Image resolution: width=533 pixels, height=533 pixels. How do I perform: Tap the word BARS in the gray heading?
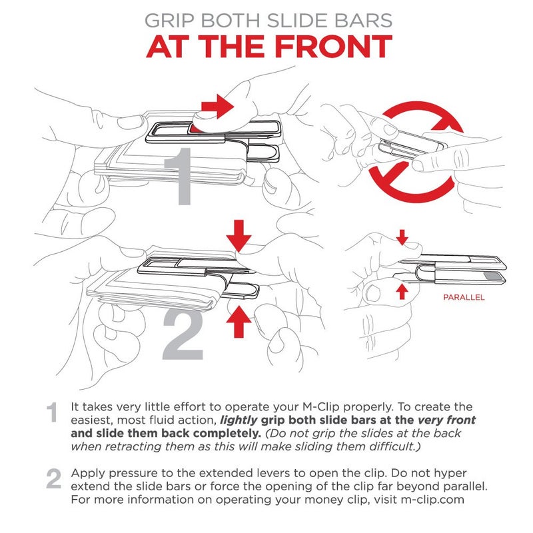coord(363,21)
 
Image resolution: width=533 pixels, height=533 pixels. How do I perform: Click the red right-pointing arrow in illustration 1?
coord(217,107)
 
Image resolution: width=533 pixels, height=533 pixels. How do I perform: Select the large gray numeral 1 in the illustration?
coord(179,177)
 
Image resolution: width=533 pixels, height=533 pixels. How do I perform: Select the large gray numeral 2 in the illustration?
coord(183,334)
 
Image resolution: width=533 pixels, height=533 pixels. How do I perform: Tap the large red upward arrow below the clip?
coord(239,322)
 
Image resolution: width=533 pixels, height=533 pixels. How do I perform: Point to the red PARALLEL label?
coord(464,297)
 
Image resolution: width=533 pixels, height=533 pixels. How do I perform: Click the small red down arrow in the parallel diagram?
coord(402,237)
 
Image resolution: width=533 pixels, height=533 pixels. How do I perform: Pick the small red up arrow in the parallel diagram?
coord(402,292)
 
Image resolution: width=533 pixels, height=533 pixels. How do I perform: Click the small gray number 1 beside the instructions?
coord(52,412)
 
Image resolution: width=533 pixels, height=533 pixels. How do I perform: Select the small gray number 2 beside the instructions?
coord(53,478)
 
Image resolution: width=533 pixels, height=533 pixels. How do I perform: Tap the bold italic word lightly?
coord(239,420)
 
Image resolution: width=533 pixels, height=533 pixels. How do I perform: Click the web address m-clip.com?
coord(432,500)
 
